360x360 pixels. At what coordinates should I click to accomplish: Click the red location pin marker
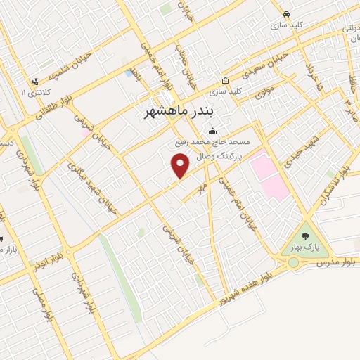(x=181, y=165)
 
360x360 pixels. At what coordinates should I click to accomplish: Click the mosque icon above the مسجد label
(x=213, y=131)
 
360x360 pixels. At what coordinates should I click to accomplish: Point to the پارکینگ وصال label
(x=219, y=154)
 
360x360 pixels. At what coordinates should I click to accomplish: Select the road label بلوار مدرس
(x=333, y=262)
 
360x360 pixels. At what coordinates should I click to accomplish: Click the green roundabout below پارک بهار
(x=292, y=262)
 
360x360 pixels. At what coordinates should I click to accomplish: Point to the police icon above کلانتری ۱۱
(x=35, y=82)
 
